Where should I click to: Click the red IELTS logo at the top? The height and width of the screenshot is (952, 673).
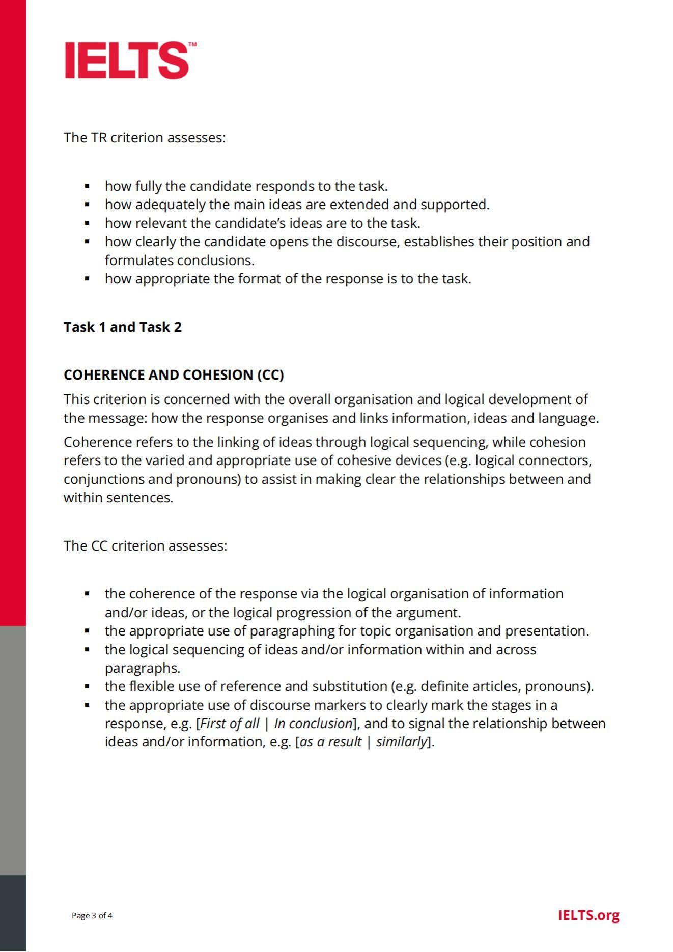coord(127,61)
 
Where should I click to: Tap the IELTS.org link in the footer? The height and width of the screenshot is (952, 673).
coord(588,915)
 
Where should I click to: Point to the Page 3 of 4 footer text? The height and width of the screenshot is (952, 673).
coord(92,916)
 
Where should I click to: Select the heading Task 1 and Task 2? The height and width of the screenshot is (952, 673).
coord(123,327)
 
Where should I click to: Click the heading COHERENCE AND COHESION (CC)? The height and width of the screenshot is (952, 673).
coord(174,375)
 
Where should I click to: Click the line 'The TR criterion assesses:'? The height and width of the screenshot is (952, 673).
coord(144,138)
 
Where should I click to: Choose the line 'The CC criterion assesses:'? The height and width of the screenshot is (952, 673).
coord(145,546)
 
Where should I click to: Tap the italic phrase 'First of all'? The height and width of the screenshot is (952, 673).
coord(230,724)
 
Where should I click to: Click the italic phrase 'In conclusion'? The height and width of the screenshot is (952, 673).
coord(313,724)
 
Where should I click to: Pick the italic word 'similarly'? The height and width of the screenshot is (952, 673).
coord(401,742)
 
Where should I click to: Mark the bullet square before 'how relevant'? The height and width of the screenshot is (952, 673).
coord(88,223)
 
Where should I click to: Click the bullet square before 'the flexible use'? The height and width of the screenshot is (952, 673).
coord(88,686)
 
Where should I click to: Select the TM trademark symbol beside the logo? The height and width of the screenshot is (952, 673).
coord(192,45)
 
